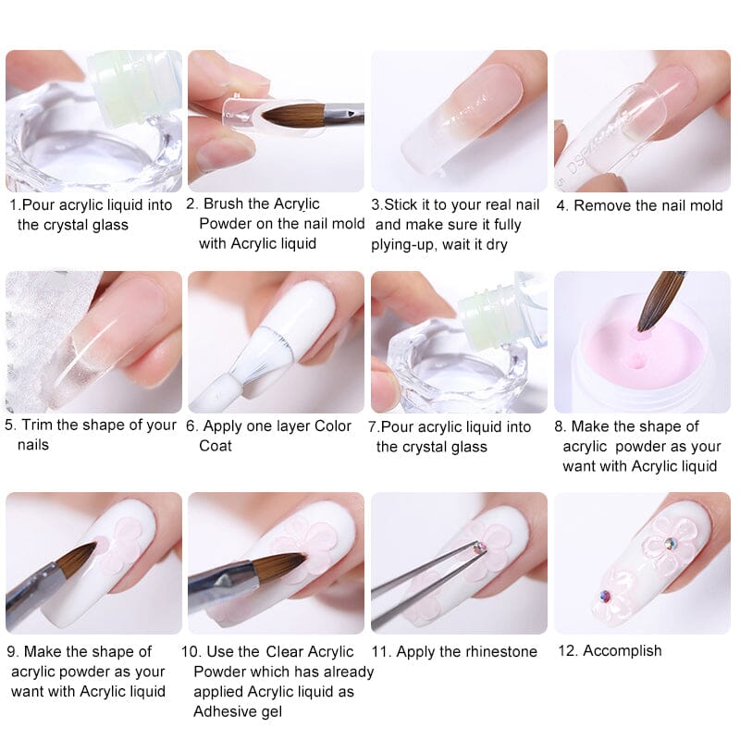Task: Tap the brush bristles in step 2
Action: tap(293, 117)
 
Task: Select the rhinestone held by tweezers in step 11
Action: tap(480, 548)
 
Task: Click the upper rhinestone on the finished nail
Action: tap(670, 544)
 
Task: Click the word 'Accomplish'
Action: tap(622, 651)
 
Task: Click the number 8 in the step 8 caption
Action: tap(559, 426)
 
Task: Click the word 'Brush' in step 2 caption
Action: tap(223, 203)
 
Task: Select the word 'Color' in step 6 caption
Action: tap(333, 426)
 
